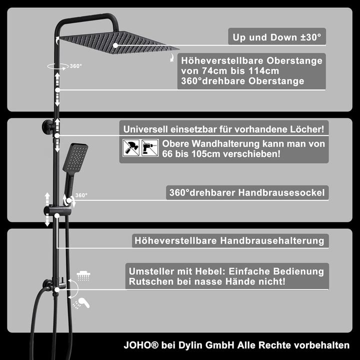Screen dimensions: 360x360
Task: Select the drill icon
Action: (x=150, y=148)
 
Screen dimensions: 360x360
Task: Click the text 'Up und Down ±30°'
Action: (x=277, y=37)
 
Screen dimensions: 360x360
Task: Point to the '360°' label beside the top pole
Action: (x=75, y=66)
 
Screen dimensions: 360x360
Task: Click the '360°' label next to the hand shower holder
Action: (x=81, y=195)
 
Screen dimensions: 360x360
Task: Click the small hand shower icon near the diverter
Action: (x=81, y=302)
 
